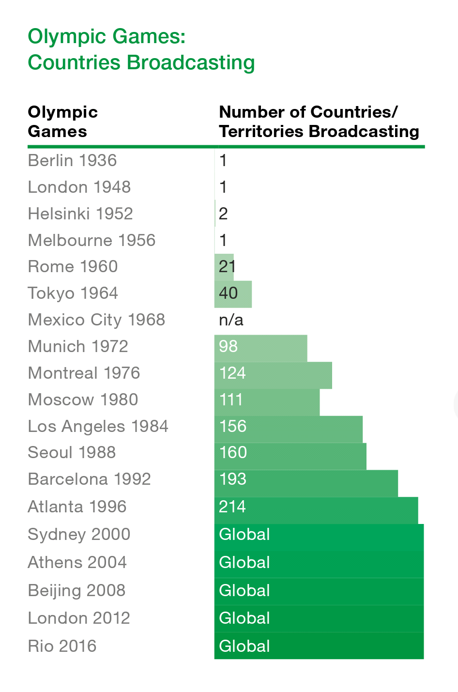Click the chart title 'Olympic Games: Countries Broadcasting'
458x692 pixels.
(141, 49)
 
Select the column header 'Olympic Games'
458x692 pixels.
(62, 122)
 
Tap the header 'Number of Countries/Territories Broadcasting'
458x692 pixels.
(319, 122)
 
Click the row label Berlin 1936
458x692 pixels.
(72, 160)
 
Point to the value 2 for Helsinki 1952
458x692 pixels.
(223, 214)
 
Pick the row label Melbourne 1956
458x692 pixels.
(92, 240)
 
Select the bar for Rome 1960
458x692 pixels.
(224, 267)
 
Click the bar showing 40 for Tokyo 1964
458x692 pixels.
(233, 294)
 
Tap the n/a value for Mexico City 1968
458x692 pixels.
(231, 320)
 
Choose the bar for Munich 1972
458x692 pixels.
(260, 348)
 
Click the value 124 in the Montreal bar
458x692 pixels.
(232, 373)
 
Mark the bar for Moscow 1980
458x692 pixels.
(267, 402)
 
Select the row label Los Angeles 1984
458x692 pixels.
(98, 426)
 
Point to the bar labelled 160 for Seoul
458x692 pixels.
(290, 456)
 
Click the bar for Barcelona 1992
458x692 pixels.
(306, 483)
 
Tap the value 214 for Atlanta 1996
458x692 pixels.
(232, 507)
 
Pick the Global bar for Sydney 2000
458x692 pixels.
(319, 538)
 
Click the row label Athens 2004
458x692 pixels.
(77, 562)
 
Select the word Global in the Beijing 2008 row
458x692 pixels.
(244, 590)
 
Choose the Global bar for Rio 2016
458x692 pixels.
(319, 646)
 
